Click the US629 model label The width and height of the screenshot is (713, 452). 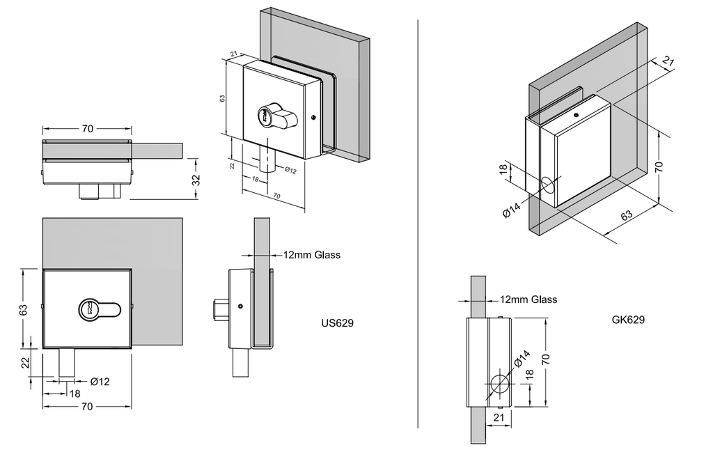338,323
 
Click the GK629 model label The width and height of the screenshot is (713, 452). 627,320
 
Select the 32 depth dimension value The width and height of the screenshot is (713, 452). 196,179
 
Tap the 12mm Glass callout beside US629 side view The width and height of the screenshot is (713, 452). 311,255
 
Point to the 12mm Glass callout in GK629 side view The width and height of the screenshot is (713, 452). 528,299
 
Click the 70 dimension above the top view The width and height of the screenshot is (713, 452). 88,129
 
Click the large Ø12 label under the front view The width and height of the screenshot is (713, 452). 100,381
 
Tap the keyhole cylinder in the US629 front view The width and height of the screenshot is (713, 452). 88,309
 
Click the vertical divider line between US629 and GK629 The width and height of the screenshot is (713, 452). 418,223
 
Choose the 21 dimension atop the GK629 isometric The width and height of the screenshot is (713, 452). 668,63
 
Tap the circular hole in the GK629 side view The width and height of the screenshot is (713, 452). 499,383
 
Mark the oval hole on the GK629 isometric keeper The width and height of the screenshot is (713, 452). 548,185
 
